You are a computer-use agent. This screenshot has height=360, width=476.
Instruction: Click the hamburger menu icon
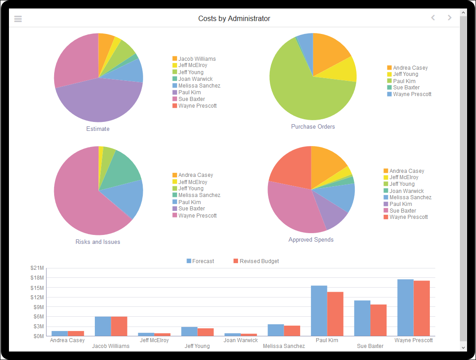pos(18,19)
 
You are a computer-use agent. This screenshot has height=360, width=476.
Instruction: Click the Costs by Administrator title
pos(234,19)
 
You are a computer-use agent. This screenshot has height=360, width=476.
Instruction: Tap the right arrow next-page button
pos(450,18)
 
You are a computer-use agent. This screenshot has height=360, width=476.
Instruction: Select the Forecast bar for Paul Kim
pos(319,310)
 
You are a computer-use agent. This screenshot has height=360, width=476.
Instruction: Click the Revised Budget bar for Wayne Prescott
pos(421,308)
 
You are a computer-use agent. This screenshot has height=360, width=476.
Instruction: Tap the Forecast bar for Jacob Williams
pos(103,326)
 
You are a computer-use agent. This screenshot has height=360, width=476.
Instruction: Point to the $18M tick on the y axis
pos(37,278)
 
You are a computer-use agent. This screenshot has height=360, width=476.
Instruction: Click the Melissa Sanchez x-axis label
pos(284,346)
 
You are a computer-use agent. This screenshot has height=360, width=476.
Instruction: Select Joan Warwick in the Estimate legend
pos(195,79)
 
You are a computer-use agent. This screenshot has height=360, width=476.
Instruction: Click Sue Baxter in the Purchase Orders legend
pos(406,88)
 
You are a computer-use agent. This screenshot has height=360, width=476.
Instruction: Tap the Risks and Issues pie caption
pos(98,242)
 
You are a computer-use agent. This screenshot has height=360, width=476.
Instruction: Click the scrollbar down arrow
pos(463,347)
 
